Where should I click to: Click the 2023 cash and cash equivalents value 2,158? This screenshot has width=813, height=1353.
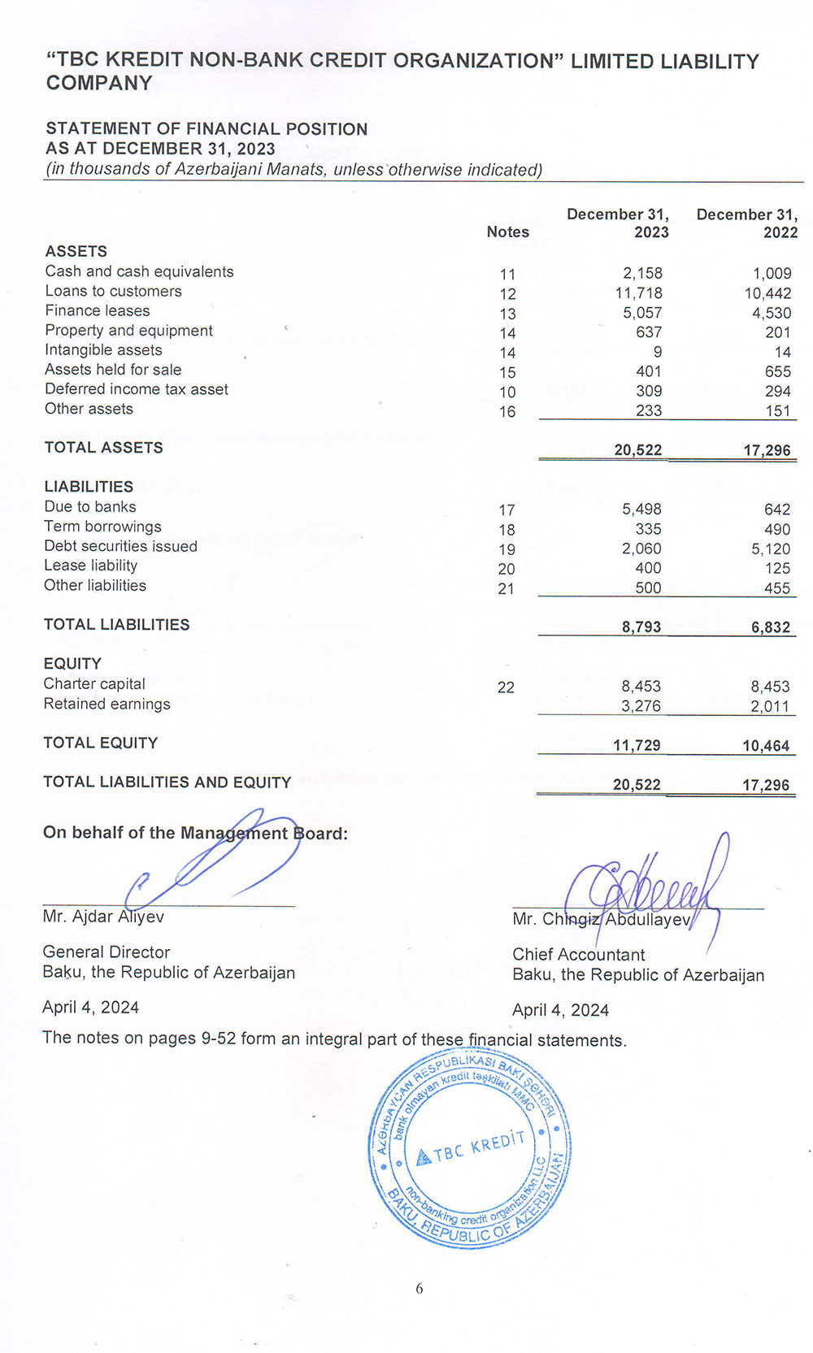click(642, 274)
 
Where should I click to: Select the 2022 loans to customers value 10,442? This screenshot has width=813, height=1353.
click(767, 293)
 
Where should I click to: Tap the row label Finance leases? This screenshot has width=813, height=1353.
click(98, 310)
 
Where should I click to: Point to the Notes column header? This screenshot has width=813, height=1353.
click(507, 232)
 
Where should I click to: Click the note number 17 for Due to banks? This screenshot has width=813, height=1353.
click(506, 510)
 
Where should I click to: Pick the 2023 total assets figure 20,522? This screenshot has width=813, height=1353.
click(637, 450)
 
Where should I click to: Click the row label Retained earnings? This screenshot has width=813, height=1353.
click(107, 705)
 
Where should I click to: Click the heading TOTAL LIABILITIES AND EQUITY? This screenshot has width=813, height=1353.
click(167, 783)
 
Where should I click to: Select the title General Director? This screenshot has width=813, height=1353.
click(107, 952)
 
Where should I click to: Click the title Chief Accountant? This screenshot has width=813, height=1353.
click(578, 955)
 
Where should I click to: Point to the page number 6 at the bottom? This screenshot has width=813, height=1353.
click(420, 1289)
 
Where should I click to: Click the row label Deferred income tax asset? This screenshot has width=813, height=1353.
click(137, 389)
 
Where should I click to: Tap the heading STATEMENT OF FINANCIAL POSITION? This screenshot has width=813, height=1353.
click(207, 129)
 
